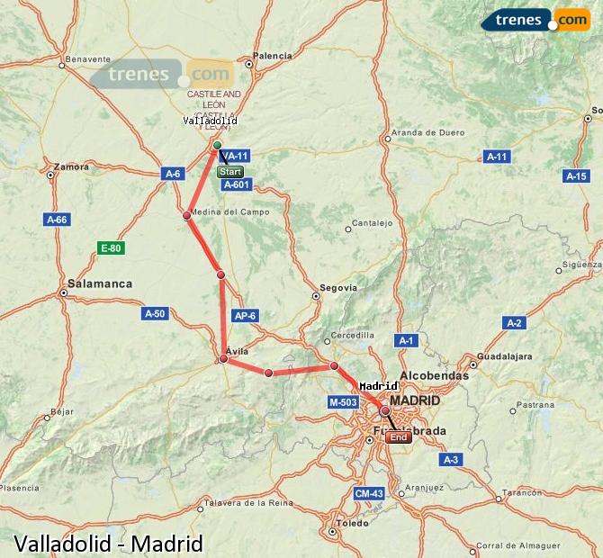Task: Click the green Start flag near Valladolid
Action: coord(230,171)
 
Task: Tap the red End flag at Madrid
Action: coord(399,437)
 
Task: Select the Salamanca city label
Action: coord(100,283)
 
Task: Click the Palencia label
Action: coord(273,56)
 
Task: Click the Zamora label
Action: coord(71,166)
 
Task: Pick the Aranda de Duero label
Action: coord(428,133)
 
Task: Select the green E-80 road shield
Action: coord(111,248)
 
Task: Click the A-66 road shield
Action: coord(57,219)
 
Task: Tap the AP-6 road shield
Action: coord(245,316)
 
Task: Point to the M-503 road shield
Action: coord(343,402)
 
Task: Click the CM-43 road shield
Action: coord(369,493)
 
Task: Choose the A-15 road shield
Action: coord(576,176)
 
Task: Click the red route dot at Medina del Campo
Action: coord(186,215)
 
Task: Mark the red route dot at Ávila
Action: coord(223,358)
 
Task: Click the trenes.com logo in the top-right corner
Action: coord(535,20)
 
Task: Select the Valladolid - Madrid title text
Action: coord(108,544)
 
